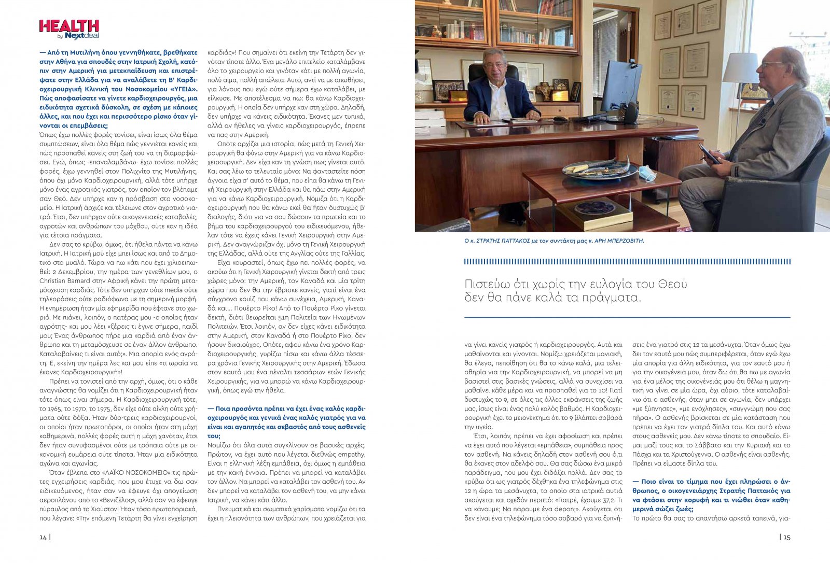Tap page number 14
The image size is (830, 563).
tap(43, 537)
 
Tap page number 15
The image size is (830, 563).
tap(787, 537)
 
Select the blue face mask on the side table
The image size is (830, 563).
tap(647, 173)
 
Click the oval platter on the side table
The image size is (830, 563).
tap(599, 168)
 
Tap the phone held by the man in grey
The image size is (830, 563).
tap(709, 153)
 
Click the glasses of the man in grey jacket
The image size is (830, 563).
tap(772, 64)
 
